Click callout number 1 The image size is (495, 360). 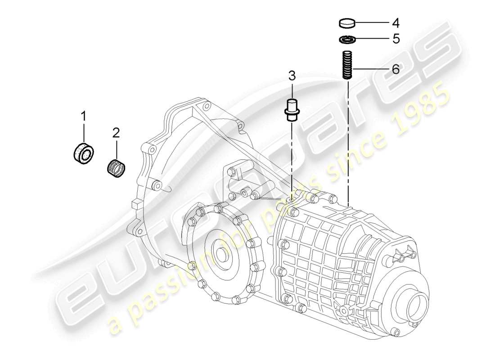(x=83, y=117)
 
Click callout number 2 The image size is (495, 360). (x=116, y=133)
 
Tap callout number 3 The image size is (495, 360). (x=292, y=75)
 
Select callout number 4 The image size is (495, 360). (x=396, y=22)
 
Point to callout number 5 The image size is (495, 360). (x=396, y=39)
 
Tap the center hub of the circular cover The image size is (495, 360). (x=222, y=254)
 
